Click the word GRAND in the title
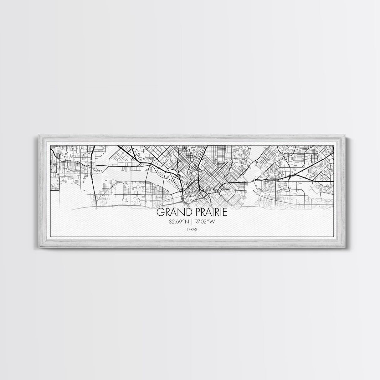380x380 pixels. coord(172,212)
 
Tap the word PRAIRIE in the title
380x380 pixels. coord(209,212)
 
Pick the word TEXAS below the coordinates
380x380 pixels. coord(190,229)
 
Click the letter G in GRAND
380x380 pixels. coord(160,212)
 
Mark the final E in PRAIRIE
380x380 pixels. coord(226,212)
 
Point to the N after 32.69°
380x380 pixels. coord(187,222)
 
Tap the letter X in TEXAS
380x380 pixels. coord(190,229)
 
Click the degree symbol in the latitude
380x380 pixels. coord(183,221)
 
